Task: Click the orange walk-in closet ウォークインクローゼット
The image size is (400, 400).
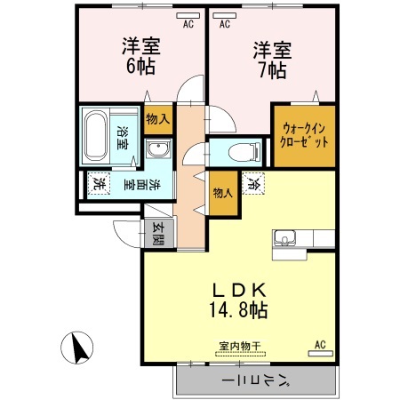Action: coord(303,136)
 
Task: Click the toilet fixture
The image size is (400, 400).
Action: coord(234,152)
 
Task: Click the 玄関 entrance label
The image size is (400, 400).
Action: coord(158,233)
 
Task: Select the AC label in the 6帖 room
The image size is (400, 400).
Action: coord(188,25)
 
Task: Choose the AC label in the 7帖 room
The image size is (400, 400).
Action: coord(225,25)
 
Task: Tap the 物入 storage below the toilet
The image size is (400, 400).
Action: coord(222,190)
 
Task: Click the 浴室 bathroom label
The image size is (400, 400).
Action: coord(123,137)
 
